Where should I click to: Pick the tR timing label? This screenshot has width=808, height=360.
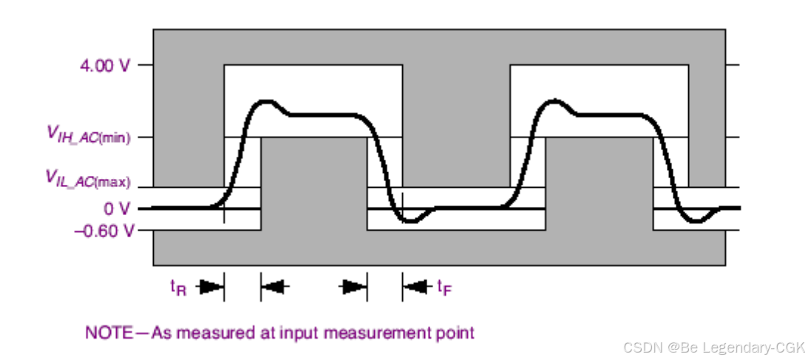178,287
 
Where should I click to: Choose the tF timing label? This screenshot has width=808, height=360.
444,287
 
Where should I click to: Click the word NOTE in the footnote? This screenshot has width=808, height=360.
108,333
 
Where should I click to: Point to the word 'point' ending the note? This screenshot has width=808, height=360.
457,333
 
